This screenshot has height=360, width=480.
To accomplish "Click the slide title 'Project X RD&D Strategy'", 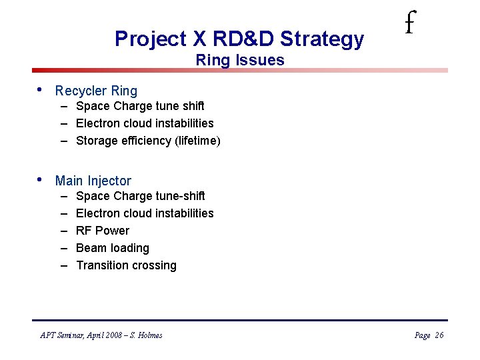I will pyautogui.click(x=239, y=39).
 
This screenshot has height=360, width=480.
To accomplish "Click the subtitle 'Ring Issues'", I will pyautogui.click(x=239, y=60).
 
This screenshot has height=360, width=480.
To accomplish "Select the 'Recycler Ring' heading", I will pyautogui.click(x=96, y=91).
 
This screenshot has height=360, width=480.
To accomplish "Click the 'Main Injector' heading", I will pyautogui.click(x=93, y=181).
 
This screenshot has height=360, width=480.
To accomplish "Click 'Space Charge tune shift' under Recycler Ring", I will pyautogui.click(x=140, y=106).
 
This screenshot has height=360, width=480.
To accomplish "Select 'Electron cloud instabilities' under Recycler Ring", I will pyautogui.click(x=145, y=123).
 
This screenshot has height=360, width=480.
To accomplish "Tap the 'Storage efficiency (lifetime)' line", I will pyautogui.click(x=148, y=141).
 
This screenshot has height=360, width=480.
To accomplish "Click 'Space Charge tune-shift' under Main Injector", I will pyautogui.click(x=140, y=196).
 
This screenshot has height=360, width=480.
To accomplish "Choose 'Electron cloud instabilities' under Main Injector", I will pyautogui.click(x=145, y=213).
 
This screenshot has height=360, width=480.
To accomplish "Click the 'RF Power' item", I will pyautogui.click(x=103, y=231).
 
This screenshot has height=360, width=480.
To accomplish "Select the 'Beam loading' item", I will pyautogui.click(x=113, y=248).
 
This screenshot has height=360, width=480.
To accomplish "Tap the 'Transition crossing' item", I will pyautogui.click(x=126, y=265).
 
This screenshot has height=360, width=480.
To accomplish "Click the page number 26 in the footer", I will pyautogui.click(x=439, y=335).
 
